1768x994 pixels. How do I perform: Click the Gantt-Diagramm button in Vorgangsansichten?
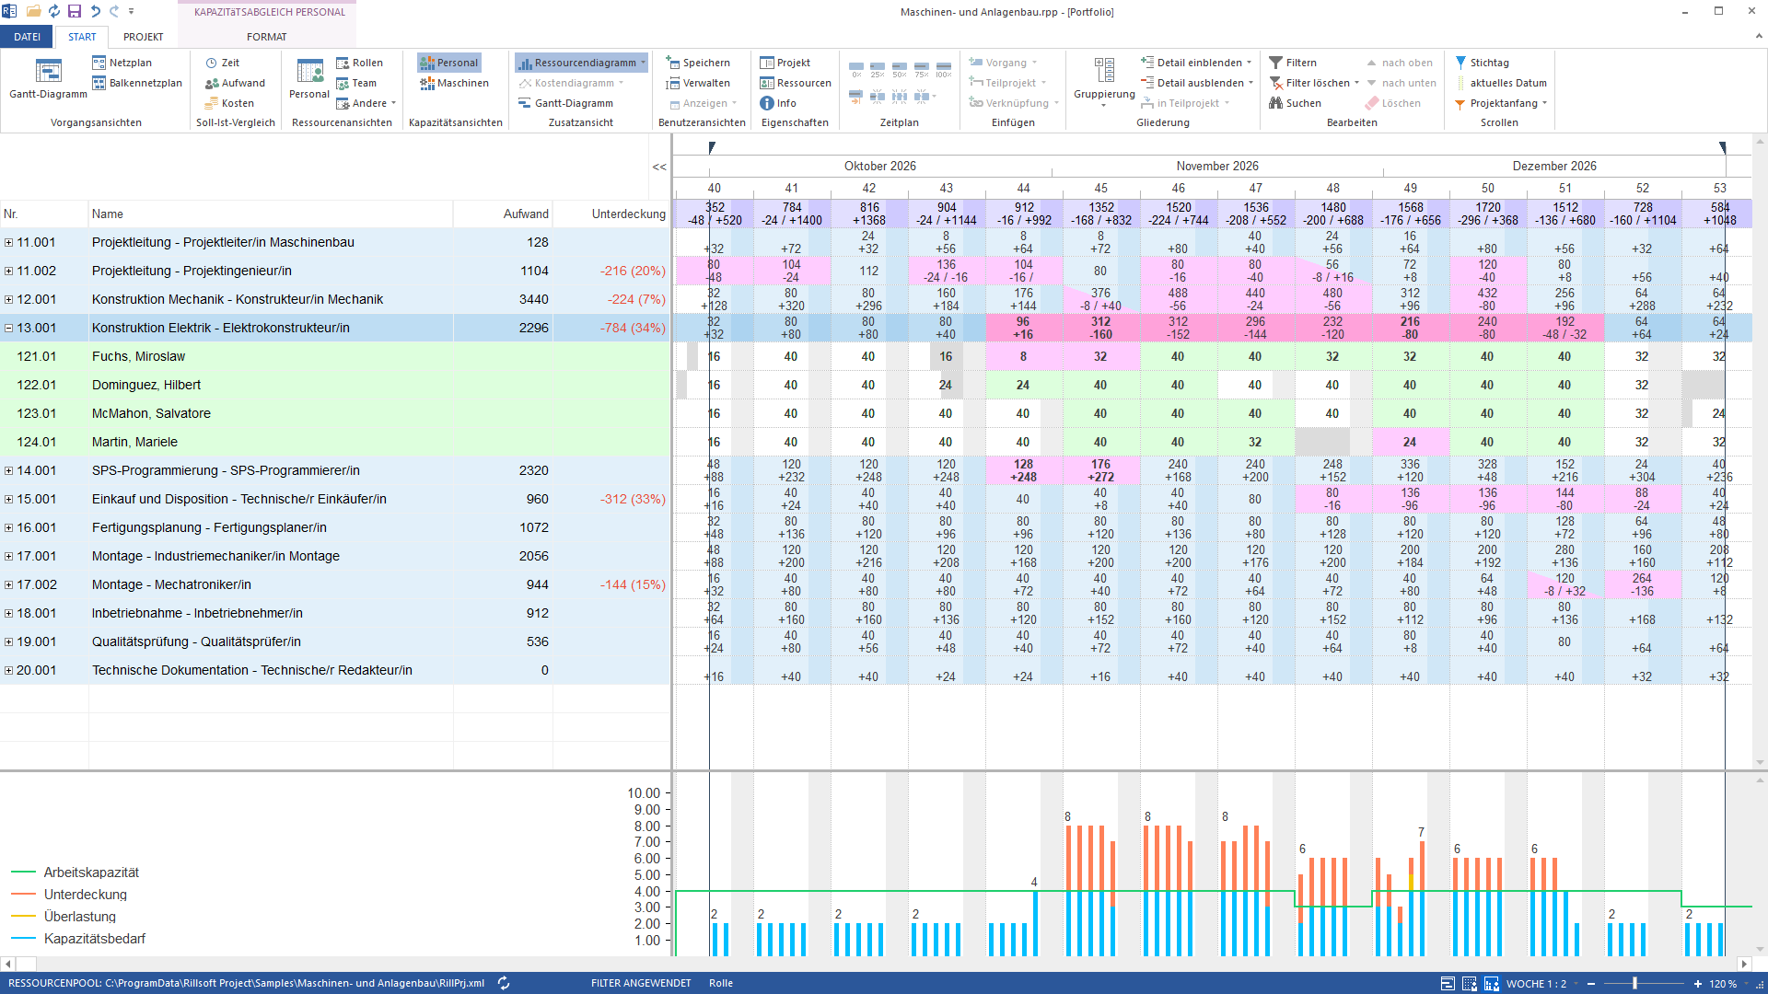pos(48,79)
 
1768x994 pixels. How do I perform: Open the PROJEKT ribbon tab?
pos(143,37)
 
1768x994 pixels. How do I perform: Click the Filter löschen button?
pos(1313,83)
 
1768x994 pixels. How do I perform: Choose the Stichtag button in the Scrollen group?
pos(1482,63)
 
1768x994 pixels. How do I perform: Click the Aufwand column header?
pos(526,214)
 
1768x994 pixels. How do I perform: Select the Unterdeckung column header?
pos(628,214)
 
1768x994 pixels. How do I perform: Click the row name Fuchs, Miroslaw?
pos(138,356)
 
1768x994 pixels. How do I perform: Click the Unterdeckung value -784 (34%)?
pos(633,328)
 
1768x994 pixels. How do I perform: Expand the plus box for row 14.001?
pos(8,470)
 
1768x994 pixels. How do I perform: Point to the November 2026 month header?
pos(1217,166)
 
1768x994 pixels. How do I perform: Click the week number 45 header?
pos(1100,188)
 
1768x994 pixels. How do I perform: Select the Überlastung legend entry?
pos(80,917)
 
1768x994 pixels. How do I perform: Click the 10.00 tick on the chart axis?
pos(644,793)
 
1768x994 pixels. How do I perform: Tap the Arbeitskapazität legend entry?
pos(91,873)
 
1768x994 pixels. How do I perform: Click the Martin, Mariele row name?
pos(134,442)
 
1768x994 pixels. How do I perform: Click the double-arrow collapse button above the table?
pos(659,167)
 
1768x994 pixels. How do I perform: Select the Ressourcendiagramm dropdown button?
pos(581,63)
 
